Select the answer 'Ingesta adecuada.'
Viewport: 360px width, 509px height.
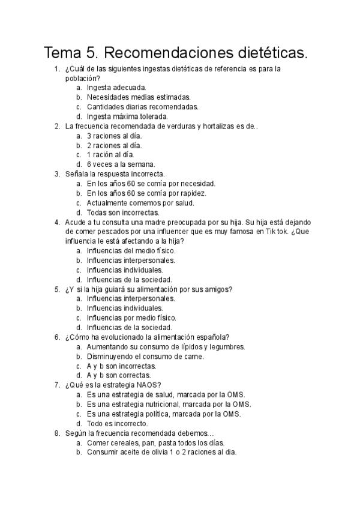tap(116, 87)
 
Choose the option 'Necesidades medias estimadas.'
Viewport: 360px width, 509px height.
tap(139, 97)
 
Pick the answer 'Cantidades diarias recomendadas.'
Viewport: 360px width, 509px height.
tap(142, 106)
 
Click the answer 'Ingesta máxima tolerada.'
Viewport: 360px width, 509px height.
tap(127, 116)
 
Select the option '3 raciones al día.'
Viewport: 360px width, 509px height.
tap(114, 135)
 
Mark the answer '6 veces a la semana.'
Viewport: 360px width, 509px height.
tap(121, 164)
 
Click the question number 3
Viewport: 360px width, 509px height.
tap(56, 173)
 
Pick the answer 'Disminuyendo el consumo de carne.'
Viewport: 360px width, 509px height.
tap(145, 356)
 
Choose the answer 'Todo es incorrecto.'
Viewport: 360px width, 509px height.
tap(118, 423)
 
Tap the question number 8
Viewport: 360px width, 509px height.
tap(56, 433)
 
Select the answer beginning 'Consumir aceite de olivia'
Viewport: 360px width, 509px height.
tap(161, 452)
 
